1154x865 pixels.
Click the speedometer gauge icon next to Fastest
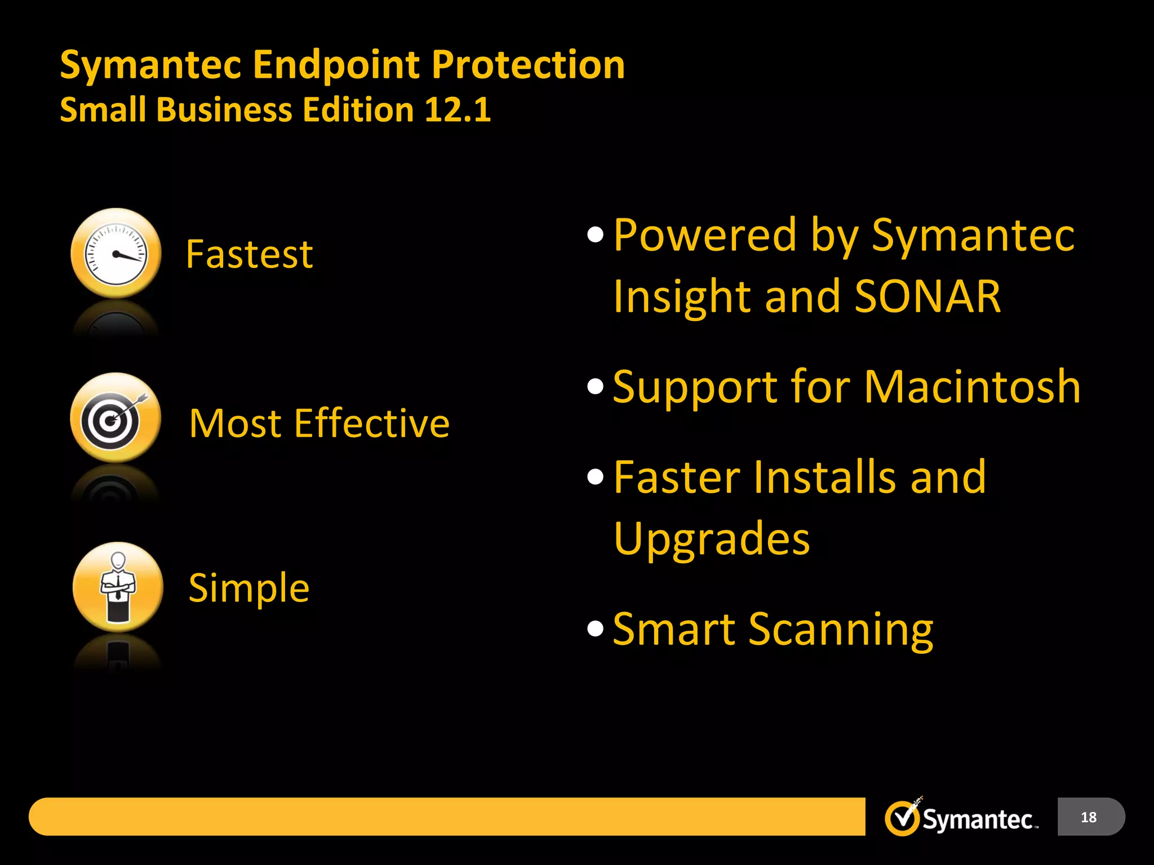click(x=116, y=253)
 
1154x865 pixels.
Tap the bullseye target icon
click(x=115, y=418)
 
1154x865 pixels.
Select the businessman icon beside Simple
click(x=118, y=587)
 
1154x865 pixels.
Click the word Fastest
click(x=249, y=255)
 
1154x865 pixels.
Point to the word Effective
click(x=372, y=423)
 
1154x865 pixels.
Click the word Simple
click(x=249, y=588)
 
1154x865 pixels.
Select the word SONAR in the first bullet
click(x=927, y=297)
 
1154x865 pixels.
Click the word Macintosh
click(x=972, y=387)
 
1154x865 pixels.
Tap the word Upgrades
click(x=712, y=539)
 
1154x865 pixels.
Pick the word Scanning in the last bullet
click(x=841, y=630)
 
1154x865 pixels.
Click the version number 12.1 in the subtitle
click(x=458, y=109)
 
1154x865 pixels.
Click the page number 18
click(x=1089, y=817)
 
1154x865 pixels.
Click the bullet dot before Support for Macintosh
click(x=595, y=387)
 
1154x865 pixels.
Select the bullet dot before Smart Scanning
click(x=595, y=628)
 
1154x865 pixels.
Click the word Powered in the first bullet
click(x=705, y=235)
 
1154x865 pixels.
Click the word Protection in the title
click(x=528, y=65)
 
